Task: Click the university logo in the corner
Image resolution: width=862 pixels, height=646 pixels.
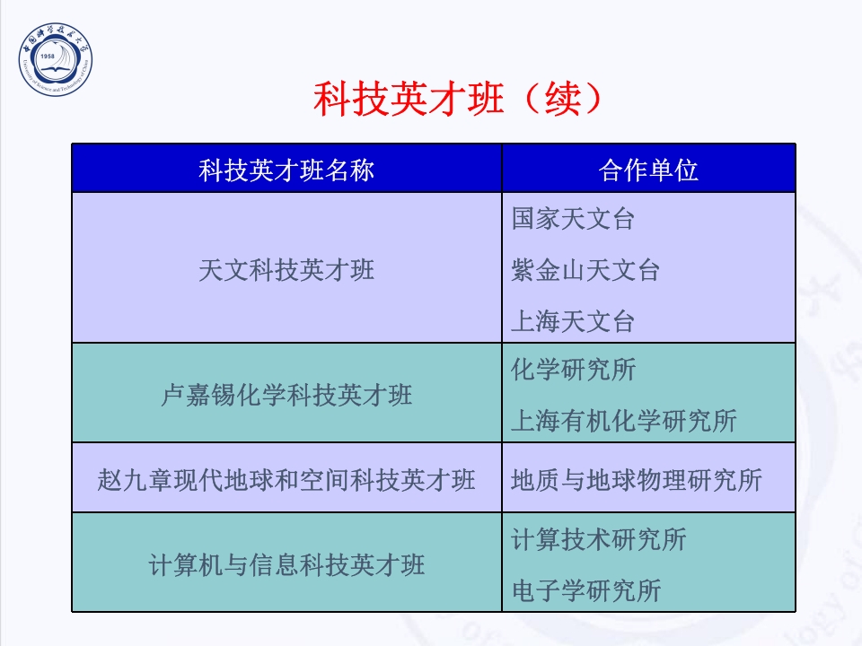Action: pyautogui.click(x=57, y=61)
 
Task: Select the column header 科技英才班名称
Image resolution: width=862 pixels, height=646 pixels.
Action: pyautogui.click(x=286, y=170)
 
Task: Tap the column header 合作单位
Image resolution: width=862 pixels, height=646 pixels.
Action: pyautogui.click(x=648, y=170)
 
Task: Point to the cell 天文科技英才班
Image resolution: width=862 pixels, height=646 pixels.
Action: pyautogui.click(x=286, y=269)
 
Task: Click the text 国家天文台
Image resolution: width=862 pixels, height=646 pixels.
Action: pyautogui.click(x=573, y=219)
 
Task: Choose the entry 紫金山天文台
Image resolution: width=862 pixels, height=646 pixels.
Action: pyautogui.click(x=585, y=270)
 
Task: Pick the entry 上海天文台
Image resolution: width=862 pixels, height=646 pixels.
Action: pyautogui.click(x=573, y=320)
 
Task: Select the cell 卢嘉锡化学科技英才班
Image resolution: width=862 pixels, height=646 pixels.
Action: pyautogui.click(x=286, y=395)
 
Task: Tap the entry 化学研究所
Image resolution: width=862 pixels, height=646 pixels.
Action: pyautogui.click(x=573, y=370)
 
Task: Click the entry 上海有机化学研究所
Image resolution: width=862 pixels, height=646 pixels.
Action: pyautogui.click(x=623, y=421)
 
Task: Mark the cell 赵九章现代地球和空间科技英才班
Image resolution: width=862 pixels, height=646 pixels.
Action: pyautogui.click(x=286, y=479)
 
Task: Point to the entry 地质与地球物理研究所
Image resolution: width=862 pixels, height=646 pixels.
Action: pyautogui.click(x=636, y=480)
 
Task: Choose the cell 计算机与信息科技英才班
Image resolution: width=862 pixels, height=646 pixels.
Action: pyautogui.click(x=286, y=564)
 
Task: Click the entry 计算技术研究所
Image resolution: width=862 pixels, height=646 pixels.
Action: pyautogui.click(x=598, y=539)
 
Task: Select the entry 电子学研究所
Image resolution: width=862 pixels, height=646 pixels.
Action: pyautogui.click(x=585, y=590)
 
